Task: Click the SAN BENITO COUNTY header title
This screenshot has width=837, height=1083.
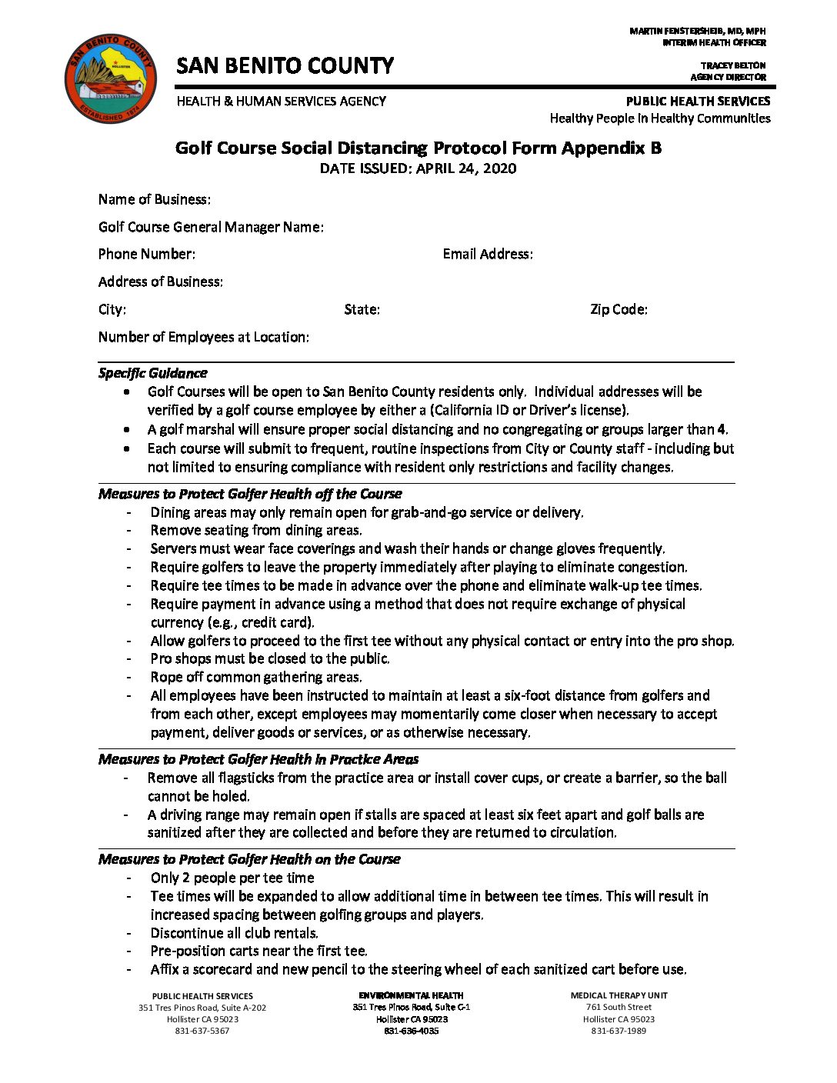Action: [285, 66]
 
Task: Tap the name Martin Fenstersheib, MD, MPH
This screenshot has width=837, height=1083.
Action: [697, 31]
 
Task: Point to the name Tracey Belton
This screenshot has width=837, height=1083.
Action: [732, 65]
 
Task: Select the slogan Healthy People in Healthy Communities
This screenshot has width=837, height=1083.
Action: [659, 118]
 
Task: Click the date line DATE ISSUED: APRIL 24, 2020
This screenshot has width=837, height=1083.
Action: [418, 168]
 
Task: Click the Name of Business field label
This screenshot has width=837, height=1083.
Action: [154, 199]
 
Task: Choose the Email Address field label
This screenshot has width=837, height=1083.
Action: [488, 254]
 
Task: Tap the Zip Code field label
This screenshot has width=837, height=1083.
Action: [619, 309]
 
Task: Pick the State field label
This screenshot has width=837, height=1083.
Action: [362, 309]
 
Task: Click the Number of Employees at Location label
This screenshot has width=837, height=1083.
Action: [204, 337]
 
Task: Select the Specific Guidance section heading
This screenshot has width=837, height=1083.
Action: [152, 373]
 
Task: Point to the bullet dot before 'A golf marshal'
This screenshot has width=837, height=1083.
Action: [127, 429]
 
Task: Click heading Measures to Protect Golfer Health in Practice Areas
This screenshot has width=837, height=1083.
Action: [258, 759]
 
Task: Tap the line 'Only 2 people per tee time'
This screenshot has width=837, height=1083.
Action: [232, 878]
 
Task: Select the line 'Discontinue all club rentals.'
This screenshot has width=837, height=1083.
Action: [235, 933]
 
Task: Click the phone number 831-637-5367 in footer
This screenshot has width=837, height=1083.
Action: [202, 1031]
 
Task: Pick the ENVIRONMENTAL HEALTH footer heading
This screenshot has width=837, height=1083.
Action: [411, 995]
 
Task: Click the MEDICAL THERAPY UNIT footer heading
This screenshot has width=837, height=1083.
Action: [619, 995]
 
